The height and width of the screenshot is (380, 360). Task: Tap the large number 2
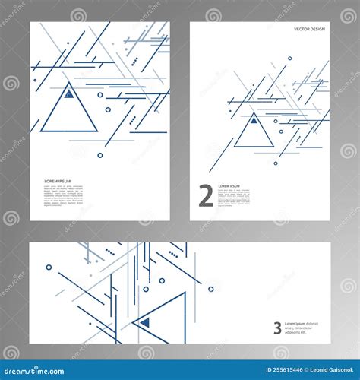click(205, 196)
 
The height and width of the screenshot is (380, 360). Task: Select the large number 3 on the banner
click(277, 328)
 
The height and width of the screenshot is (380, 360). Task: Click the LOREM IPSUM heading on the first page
click(58, 181)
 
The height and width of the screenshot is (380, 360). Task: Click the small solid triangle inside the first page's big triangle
click(68, 94)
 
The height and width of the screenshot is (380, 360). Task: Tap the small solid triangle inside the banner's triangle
click(145, 322)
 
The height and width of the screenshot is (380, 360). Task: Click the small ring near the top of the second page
click(289, 58)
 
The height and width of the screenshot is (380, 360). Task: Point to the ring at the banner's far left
click(49, 268)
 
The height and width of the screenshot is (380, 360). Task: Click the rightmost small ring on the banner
click(210, 289)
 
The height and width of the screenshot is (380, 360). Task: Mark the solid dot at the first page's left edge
click(35, 69)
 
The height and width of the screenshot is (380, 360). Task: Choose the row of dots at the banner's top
click(110, 252)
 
